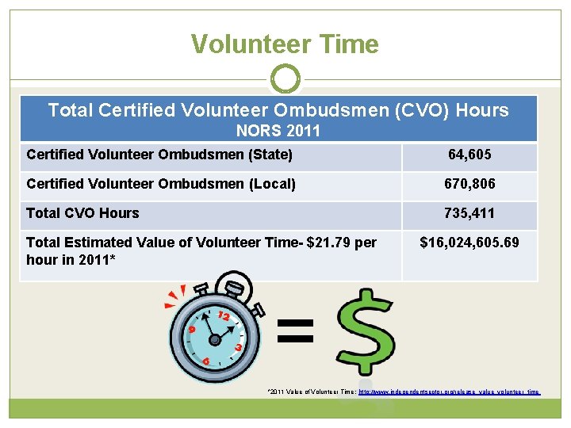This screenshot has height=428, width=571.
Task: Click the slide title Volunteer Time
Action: (285, 44)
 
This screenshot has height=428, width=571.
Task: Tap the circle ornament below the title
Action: (285, 79)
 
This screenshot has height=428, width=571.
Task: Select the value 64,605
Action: (469, 155)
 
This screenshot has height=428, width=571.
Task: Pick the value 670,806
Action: (469, 184)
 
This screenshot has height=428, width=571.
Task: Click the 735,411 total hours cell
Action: (469, 213)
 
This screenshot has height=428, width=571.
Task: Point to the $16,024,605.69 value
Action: (469, 242)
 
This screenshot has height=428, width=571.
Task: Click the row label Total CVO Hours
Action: (82, 213)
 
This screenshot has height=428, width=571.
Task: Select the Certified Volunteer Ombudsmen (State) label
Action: (159, 155)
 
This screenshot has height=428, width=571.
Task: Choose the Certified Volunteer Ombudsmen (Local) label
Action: (161, 184)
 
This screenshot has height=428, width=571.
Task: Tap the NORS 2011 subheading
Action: (278, 130)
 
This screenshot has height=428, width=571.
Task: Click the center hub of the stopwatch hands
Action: (214, 339)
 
